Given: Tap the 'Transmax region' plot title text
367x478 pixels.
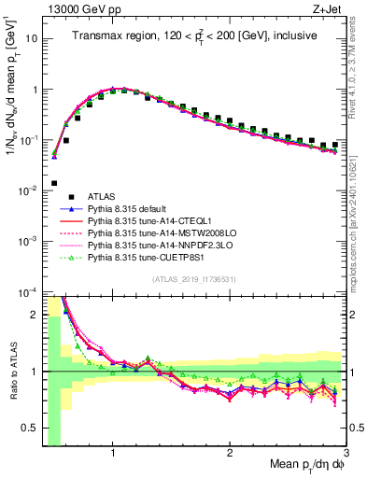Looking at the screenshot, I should tap(193, 36).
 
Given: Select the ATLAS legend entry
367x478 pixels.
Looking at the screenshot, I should tap(98, 197).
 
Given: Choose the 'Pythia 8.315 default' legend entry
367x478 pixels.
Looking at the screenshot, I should tap(130, 209).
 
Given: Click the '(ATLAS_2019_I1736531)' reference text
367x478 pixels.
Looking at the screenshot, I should tap(192, 280).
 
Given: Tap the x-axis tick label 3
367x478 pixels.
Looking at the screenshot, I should tap(346, 453).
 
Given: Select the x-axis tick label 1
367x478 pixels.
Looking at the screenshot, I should tap(113, 453).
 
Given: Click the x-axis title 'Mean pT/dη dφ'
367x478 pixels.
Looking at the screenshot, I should tap(300, 466).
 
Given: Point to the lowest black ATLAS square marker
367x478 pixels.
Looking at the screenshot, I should tap(54, 183).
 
